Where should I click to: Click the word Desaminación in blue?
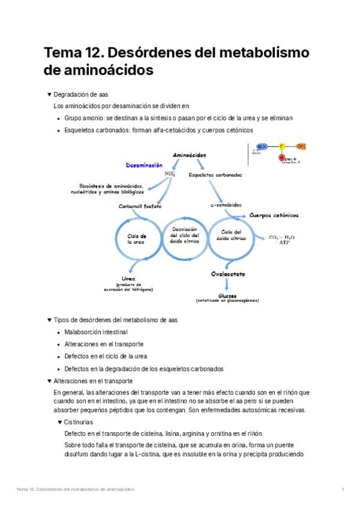(144, 164)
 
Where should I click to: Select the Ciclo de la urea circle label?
(137, 239)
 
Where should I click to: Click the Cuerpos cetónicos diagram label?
(274, 215)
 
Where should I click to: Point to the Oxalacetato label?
(227, 274)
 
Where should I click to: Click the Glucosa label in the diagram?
(227, 296)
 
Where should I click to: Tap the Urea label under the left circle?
(127, 279)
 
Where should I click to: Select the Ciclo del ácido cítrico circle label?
(231, 235)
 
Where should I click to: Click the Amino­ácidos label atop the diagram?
(189, 155)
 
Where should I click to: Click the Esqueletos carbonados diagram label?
(215, 175)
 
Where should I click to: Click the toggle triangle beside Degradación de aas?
(49, 95)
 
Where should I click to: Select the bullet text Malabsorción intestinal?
(96, 332)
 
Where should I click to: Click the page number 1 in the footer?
(343, 490)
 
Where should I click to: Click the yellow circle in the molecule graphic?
(281, 146)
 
